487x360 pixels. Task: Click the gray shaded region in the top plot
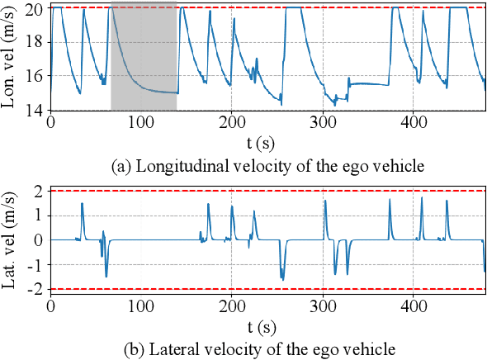tap(144, 58)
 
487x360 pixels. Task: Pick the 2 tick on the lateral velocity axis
tap(40, 191)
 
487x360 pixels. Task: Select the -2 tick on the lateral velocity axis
tap(35, 290)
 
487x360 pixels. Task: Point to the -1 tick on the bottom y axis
tap(35, 265)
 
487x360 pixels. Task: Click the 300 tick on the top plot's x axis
tap(323, 121)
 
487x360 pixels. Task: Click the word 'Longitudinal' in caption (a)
tap(171, 166)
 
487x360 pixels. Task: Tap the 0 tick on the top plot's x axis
tap(51, 121)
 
